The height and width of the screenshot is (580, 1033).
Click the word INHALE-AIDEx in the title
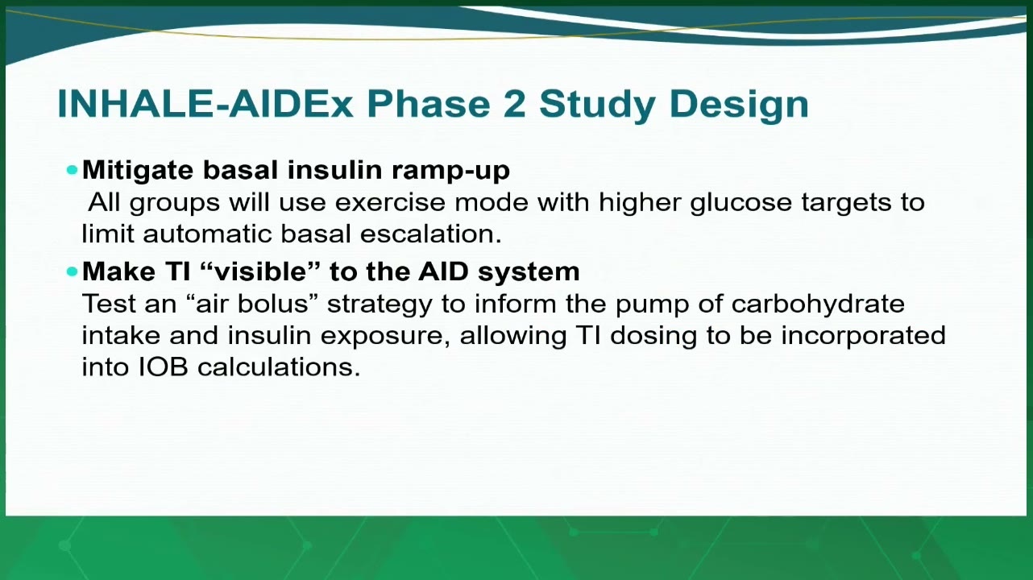[205, 104]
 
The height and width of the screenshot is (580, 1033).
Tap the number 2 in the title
[514, 104]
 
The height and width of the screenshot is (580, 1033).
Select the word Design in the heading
[739, 106]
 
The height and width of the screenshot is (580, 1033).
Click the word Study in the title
[597, 106]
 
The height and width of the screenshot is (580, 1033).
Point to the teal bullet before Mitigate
[72, 170]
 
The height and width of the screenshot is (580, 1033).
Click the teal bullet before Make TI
[72, 271]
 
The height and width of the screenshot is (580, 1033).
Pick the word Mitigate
[138, 171]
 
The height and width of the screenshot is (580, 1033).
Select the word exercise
[390, 202]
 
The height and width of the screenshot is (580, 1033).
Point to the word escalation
[431, 234]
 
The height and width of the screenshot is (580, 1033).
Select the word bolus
[272, 304]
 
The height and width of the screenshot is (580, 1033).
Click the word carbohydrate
[818, 304]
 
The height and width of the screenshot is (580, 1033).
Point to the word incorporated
[863, 336]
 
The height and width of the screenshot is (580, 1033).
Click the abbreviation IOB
[164, 367]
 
